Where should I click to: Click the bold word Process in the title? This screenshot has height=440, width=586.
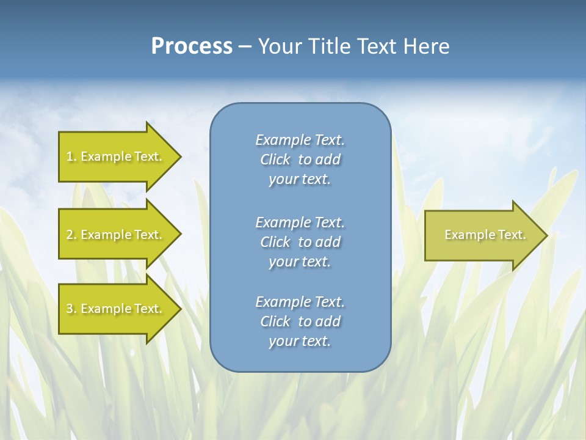coord(192,46)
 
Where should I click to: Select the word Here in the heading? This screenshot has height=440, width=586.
coord(427,46)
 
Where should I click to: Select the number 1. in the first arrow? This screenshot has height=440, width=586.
coord(71,156)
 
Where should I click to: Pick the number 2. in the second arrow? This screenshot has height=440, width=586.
coord(71,235)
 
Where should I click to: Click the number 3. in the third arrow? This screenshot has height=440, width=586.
coord(71,309)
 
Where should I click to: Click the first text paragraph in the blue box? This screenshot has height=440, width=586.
coord(300,159)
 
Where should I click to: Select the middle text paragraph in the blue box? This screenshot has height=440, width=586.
coord(300,242)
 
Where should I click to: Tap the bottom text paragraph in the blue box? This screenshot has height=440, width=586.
coord(300,321)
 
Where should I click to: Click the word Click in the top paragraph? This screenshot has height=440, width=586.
coord(275,159)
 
